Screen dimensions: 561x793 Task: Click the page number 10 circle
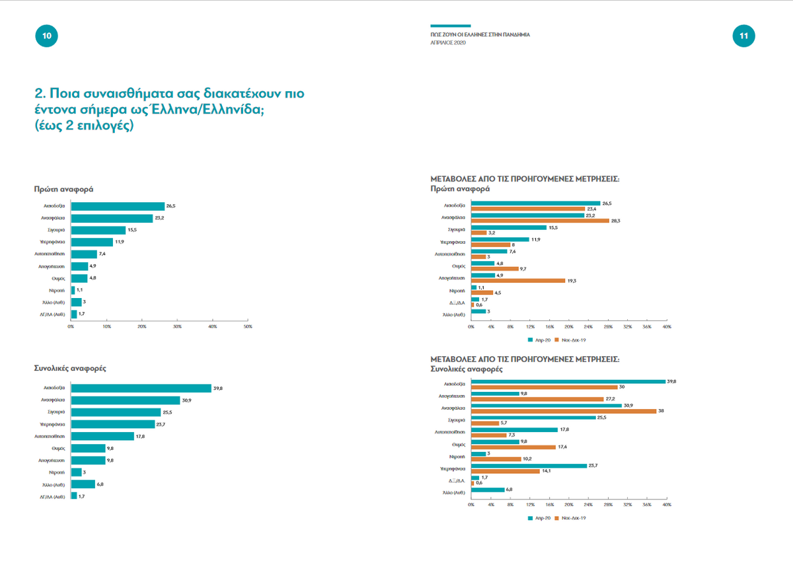(x=46, y=37)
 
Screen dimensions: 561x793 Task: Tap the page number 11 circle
(x=743, y=37)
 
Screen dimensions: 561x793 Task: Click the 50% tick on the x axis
(x=248, y=326)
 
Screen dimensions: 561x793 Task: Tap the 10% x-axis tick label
(x=106, y=326)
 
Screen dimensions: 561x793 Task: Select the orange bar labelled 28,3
(x=540, y=221)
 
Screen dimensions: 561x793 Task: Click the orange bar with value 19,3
(x=518, y=280)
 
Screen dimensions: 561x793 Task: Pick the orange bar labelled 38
(x=563, y=411)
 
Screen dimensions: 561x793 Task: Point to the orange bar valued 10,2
(x=496, y=459)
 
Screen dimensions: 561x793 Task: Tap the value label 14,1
(x=547, y=471)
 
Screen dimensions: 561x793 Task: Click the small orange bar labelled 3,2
(x=478, y=233)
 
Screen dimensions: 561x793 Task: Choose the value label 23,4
(x=592, y=209)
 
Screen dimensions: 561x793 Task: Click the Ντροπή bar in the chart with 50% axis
(x=73, y=290)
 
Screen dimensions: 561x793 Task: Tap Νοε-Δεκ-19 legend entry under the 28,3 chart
(x=572, y=340)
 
